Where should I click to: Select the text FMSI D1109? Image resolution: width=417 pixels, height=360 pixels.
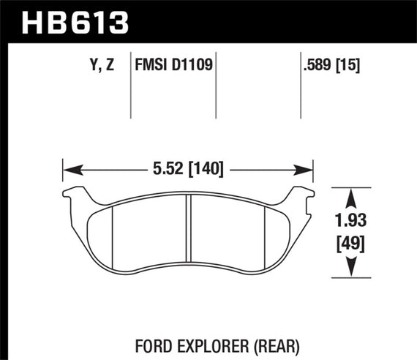[173, 65]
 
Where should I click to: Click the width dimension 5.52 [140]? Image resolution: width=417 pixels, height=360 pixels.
[188, 168]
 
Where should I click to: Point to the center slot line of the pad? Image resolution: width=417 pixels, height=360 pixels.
[188, 230]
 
